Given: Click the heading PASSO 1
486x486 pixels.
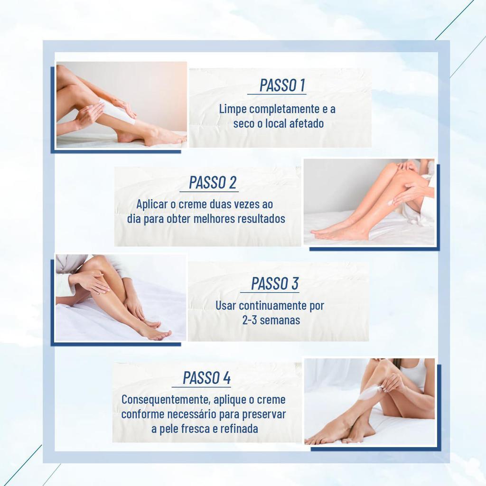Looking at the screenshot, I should coord(282,85).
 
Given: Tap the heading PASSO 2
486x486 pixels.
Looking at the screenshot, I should coord(213,183).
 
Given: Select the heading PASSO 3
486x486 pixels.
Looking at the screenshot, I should coord(275,283).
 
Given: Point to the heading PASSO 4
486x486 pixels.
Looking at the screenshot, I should coord(207,378).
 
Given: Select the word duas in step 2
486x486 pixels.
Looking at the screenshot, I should coord(222,205).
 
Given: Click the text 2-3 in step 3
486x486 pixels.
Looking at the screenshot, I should coord(250,320).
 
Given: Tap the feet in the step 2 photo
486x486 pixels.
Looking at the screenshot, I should coord(337,233).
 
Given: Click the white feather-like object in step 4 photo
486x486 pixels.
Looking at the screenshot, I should coord(370,393).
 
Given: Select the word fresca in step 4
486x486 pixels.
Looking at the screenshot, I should coord(202,429).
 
